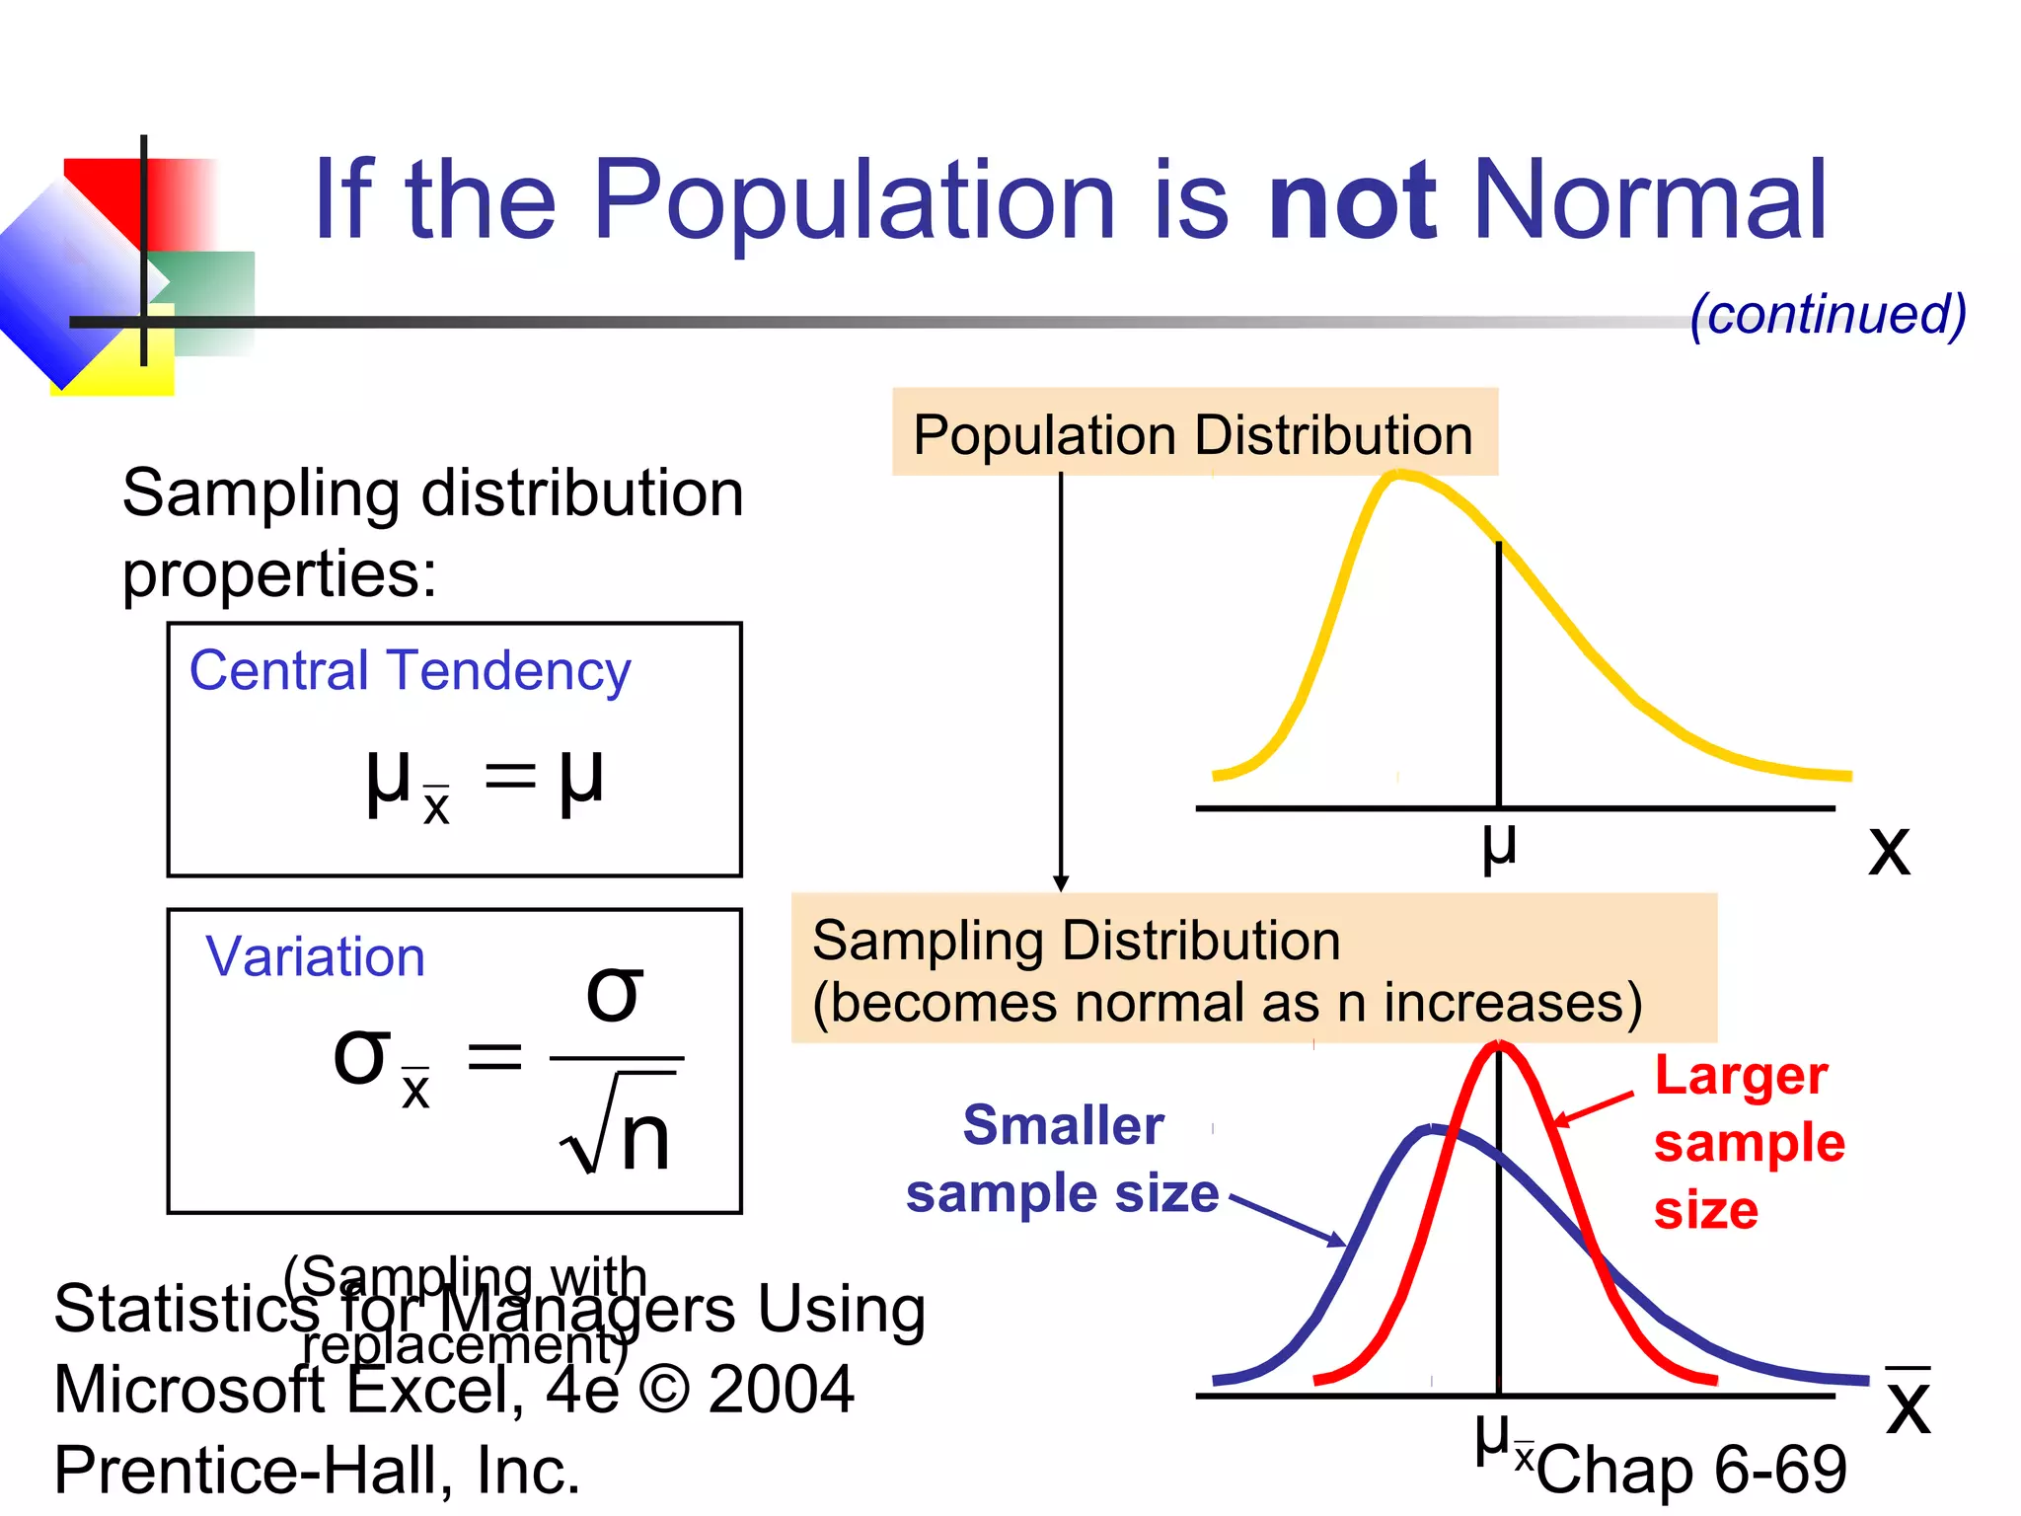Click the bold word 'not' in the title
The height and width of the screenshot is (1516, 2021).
pyautogui.click(x=1352, y=202)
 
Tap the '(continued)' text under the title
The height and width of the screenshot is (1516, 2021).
pyautogui.click(x=1828, y=314)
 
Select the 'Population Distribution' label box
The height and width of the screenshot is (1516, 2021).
pyautogui.click(x=1194, y=434)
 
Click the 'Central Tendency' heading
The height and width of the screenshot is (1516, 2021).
pyautogui.click(x=410, y=671)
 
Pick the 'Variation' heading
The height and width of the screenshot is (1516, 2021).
pyautogui.click(x=315, y=957)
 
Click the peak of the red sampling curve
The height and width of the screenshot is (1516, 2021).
pyautogui.click(x=1498, y=1046)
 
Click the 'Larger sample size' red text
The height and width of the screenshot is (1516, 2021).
pyautogui.click(x=1747, y=1142)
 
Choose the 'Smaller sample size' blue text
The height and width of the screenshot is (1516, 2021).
pyautogui.click(x=1063, y=1160)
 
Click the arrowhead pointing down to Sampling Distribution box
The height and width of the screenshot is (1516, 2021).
pyautogui.click(x=1061, y=882)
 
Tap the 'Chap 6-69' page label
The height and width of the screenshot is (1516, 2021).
pyautogui.click(x=1691, y=1469)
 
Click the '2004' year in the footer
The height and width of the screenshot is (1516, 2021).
pyautogui.click(x=781, y=1390)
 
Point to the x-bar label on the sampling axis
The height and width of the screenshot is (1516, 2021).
pyautogui.click(x=1908, y=1402)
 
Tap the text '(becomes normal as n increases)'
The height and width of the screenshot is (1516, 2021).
pyautogui.click(x=1227, y=1004)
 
